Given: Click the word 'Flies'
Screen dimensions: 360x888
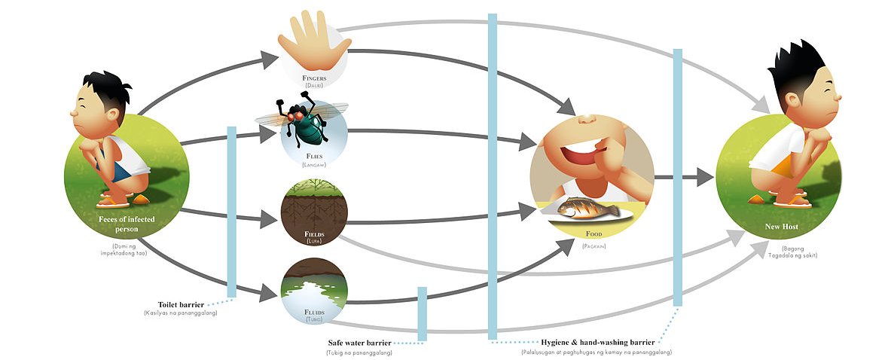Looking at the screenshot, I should (x=314, y=156).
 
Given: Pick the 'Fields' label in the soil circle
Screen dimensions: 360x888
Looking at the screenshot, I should (x=314, y=234).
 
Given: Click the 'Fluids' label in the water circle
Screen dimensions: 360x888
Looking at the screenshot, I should (x=314, y=312).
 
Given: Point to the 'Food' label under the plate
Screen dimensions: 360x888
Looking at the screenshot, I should (x=594, y=234).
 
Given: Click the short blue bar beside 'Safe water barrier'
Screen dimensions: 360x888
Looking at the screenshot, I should (x=422, y=313).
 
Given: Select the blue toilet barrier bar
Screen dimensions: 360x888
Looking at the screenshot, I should (x=232, y=211).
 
